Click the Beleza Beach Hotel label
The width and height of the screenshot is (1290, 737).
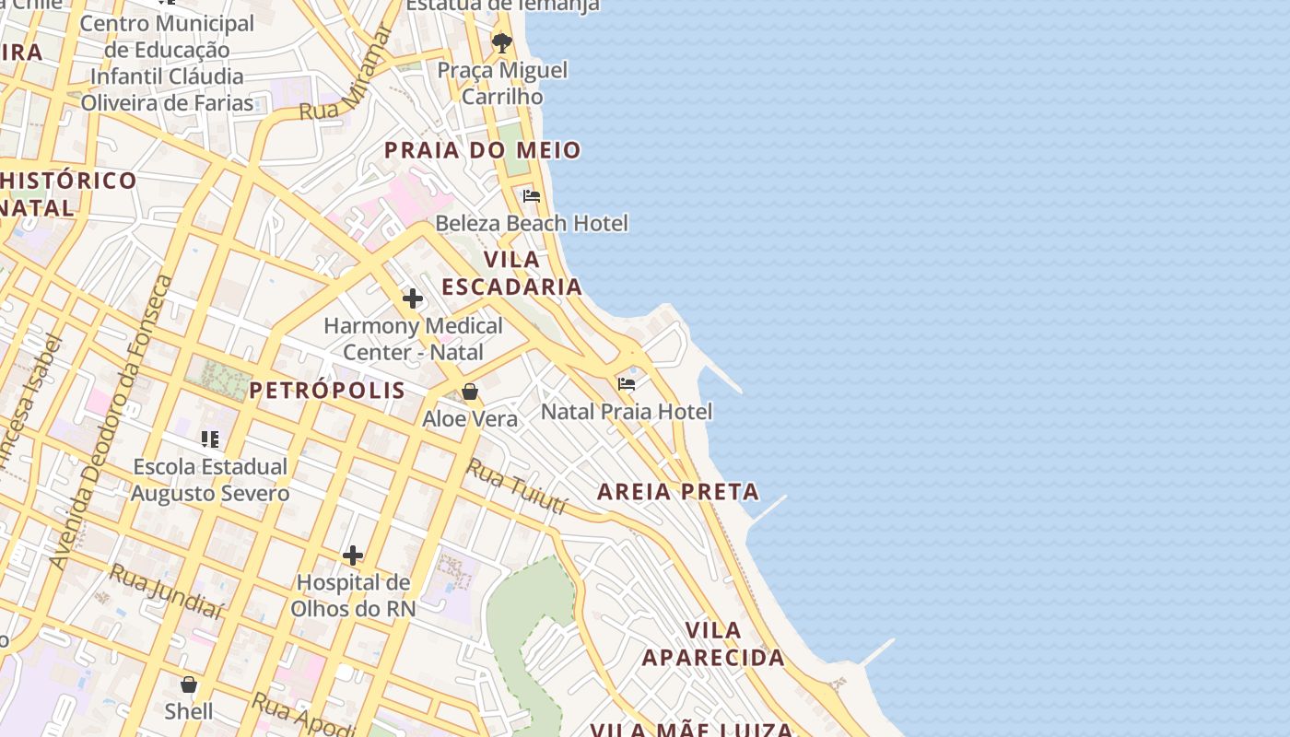pyautogui.click(x=532, y=223)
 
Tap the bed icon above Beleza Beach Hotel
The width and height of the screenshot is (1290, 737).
pyautogui.click(x=532, y=196)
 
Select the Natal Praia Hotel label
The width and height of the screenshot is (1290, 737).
pyautogui.click(x=627, y=411)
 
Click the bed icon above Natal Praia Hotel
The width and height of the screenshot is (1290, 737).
pyautogui.click(x=627, y=384)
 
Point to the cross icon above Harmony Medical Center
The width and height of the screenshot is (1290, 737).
pyautogui.click(x=413, y=298)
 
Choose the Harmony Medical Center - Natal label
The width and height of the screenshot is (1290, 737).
pyautogui.click(x=413, y=339)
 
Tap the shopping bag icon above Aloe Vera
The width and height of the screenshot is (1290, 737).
pyautogui.click(x=470, y=392)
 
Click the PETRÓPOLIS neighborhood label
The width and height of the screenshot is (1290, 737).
pyautogui.click(x=327, y=390)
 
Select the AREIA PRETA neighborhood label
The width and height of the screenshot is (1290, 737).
pyautogui.click(x=678, y=492)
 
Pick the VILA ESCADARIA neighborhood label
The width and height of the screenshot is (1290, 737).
pyautogui.click(x=512, y=273)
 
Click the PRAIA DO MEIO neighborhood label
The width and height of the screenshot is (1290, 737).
pyautogui.click(x=483, y=150)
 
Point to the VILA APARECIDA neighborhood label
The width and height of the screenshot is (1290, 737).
pyautogui.click(x=714, y=644)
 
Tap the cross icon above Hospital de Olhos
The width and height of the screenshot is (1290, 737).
pyautogui.click(x=353, y=556)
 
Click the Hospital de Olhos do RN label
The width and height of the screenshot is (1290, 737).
pyautogui.click(x=353, y=595)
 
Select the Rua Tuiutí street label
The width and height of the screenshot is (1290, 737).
pyautogui.click(x=516, y=485)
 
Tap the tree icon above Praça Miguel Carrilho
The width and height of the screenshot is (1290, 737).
pyautogui.click(x=502, y=42)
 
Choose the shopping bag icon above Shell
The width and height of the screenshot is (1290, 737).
pyautogui.click(x=189, y=684)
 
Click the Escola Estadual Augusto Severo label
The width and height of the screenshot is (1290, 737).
pyautogui.click(x=210, y=480)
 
